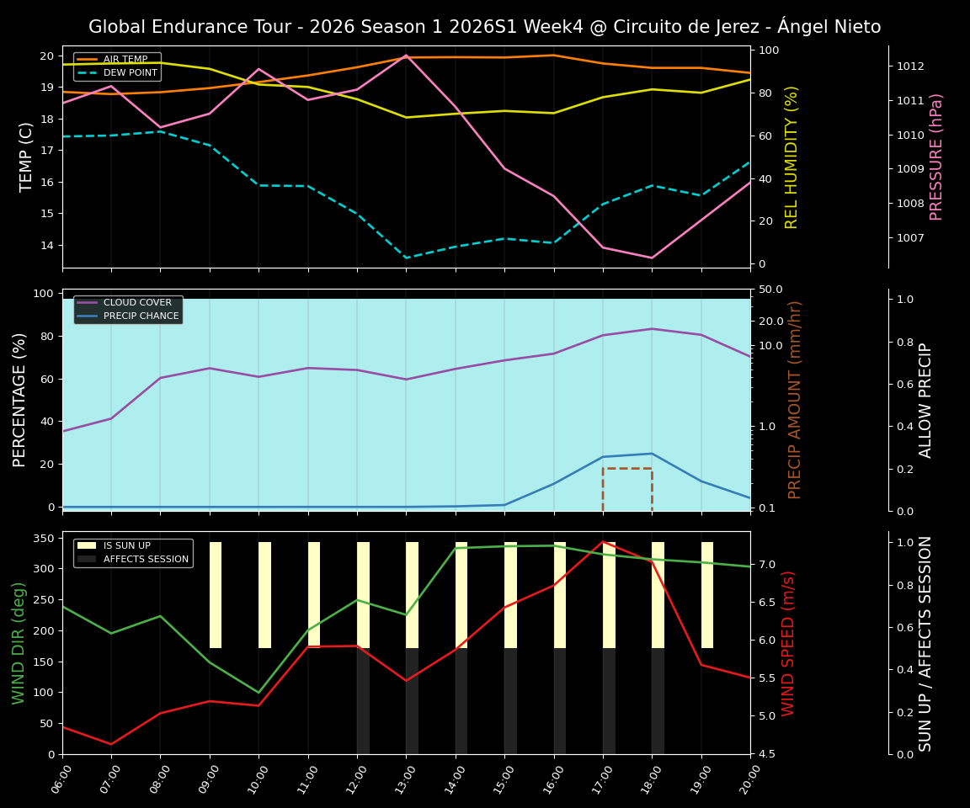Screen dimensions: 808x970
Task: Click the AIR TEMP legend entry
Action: tap(125, 60)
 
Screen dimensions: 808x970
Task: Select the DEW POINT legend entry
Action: tap(130, 73)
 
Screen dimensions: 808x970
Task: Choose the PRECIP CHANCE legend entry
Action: tap(141, 316)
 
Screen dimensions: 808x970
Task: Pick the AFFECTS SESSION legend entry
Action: tap(146, 560)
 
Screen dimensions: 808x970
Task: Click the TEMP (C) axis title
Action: tap(27, 157)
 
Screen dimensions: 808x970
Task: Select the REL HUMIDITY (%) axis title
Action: tap(791, 157)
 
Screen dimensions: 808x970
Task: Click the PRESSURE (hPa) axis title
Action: tap(936, 157)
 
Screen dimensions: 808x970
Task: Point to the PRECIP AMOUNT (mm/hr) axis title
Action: tap(795, 400)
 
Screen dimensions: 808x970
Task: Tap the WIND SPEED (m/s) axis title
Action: tap(788, 643)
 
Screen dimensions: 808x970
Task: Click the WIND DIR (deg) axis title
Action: tap(19, 643)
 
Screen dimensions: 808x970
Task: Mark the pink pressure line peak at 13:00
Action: tap(406, 56)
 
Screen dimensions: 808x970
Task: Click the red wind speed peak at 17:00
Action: tap(603, 541)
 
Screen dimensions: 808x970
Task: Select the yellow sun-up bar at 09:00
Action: tap(216, 595)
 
